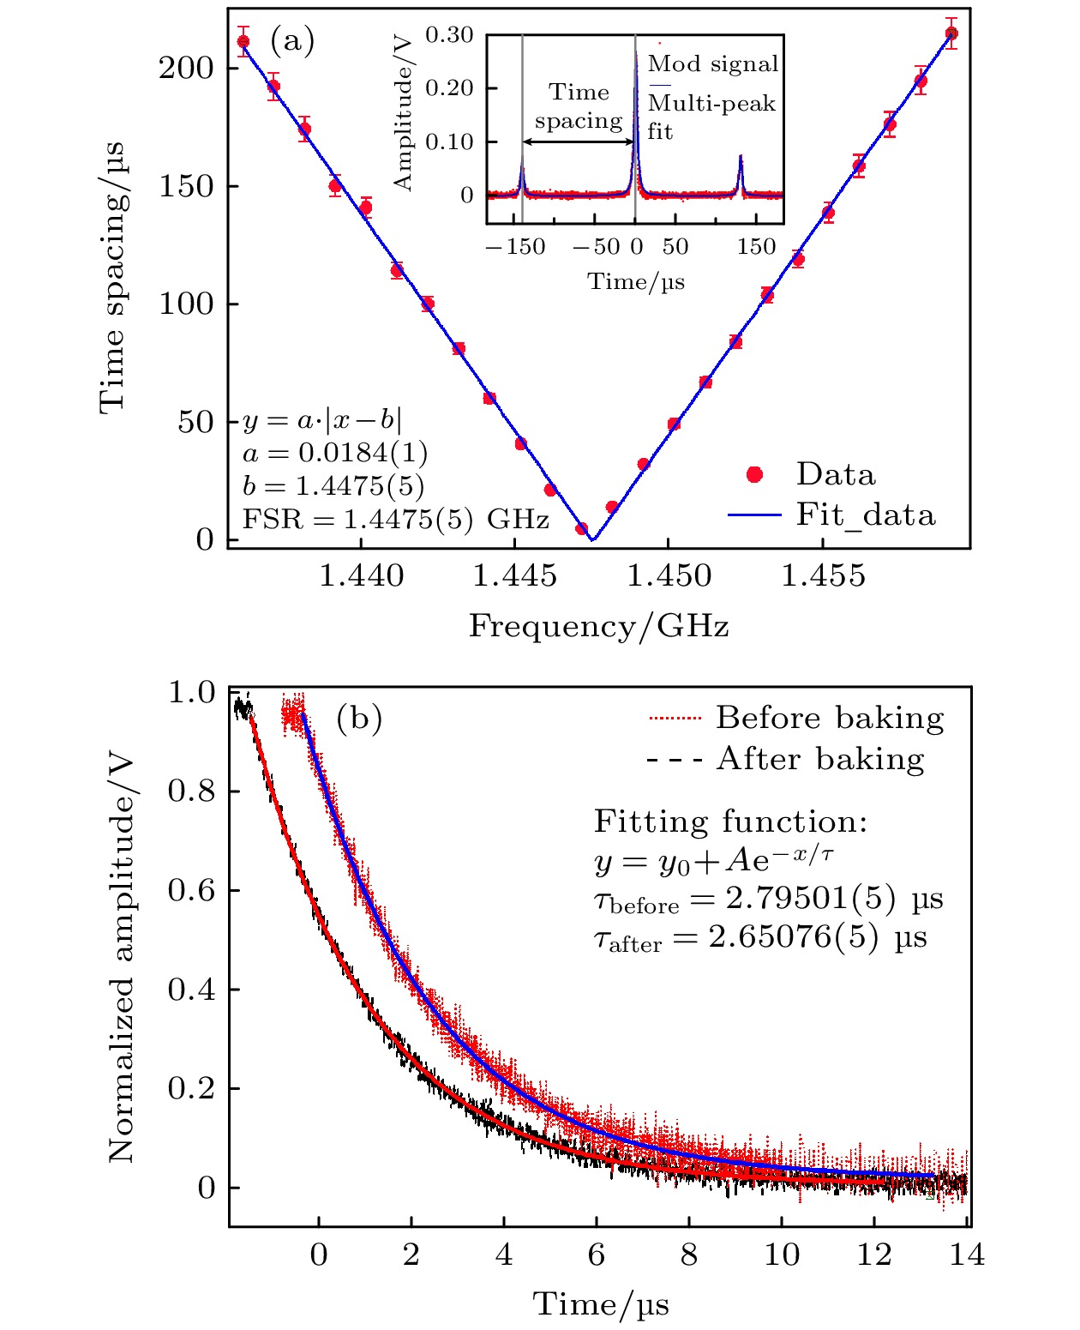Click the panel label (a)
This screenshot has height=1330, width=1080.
292,40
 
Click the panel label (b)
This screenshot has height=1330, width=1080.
358,718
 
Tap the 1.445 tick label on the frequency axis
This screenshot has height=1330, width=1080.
514,576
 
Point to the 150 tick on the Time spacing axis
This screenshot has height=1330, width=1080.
185,186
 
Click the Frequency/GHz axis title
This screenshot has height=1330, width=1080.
598,627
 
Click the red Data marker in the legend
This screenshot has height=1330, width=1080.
754,475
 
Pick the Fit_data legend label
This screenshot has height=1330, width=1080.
865,515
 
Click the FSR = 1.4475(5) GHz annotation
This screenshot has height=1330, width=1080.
395,520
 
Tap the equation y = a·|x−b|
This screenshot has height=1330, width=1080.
321,420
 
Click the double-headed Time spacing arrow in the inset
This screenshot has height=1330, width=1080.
579,141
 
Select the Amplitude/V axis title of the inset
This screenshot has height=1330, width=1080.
403,111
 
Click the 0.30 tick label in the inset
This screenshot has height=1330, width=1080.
449,35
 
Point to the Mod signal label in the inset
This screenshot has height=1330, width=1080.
713,63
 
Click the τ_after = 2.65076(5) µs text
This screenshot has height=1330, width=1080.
760,937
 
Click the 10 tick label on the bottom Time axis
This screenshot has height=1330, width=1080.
781,1255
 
